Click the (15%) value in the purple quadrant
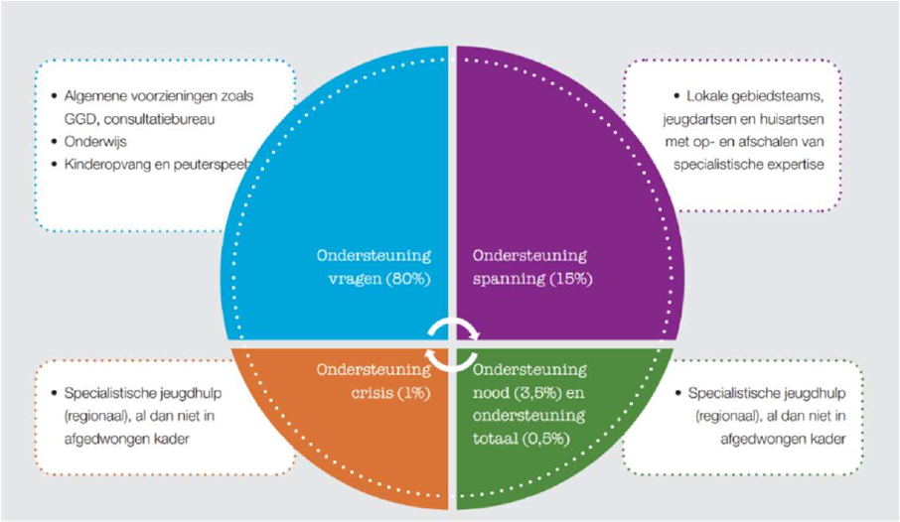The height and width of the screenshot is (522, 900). [x=570, y=279]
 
